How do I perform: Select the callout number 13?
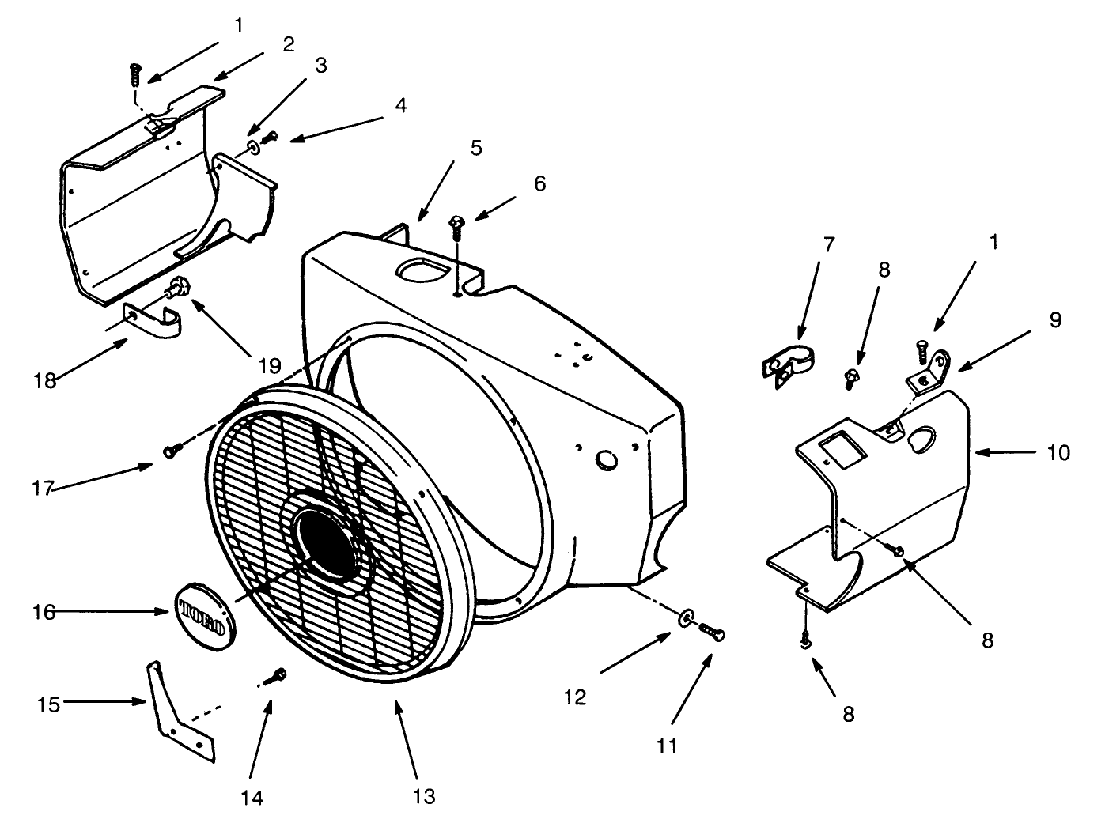424,795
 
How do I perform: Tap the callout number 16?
45,612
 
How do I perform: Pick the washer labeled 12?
686,615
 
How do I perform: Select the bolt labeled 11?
711,631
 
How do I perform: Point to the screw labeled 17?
172,451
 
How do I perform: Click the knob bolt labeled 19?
180,286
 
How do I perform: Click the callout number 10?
1058,452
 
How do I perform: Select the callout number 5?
475,148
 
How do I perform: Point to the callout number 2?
288,44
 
